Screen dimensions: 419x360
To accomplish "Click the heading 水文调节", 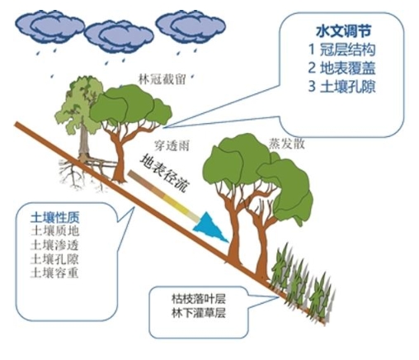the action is [x=343, y=31].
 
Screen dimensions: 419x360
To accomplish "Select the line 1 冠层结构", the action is [x=342, y=50].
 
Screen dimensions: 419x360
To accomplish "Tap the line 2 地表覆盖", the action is [x=341, y=68].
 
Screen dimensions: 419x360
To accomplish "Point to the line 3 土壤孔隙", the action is [x=341, y=87].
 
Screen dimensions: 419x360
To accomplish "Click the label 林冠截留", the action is [x=162, y=79].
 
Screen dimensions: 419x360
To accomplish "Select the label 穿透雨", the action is [x=172, y=145].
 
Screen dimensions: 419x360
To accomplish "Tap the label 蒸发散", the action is [x=287, y=144].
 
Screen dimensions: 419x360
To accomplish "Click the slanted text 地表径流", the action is [x=165, y=173].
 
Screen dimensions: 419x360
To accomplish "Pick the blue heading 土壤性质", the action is [x=55, y=218].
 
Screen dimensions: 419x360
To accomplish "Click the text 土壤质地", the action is [x=55, y=231].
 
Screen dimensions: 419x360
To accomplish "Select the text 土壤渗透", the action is [x=55, y=245].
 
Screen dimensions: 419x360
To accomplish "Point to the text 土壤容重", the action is [x=55, y=272].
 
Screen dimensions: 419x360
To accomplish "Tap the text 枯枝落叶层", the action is [x=199, y=299].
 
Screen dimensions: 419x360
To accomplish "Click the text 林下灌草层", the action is [x=199, y=313].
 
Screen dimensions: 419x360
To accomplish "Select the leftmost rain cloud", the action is [x=49, y=26].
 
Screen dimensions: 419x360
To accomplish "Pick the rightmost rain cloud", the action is [x=191, y=26].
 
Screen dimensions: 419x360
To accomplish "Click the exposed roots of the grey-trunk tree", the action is [x=82, y=172].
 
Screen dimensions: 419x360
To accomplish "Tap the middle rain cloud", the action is [x=119, y=36].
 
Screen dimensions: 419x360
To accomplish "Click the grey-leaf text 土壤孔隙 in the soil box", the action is [x=55, y=259].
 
